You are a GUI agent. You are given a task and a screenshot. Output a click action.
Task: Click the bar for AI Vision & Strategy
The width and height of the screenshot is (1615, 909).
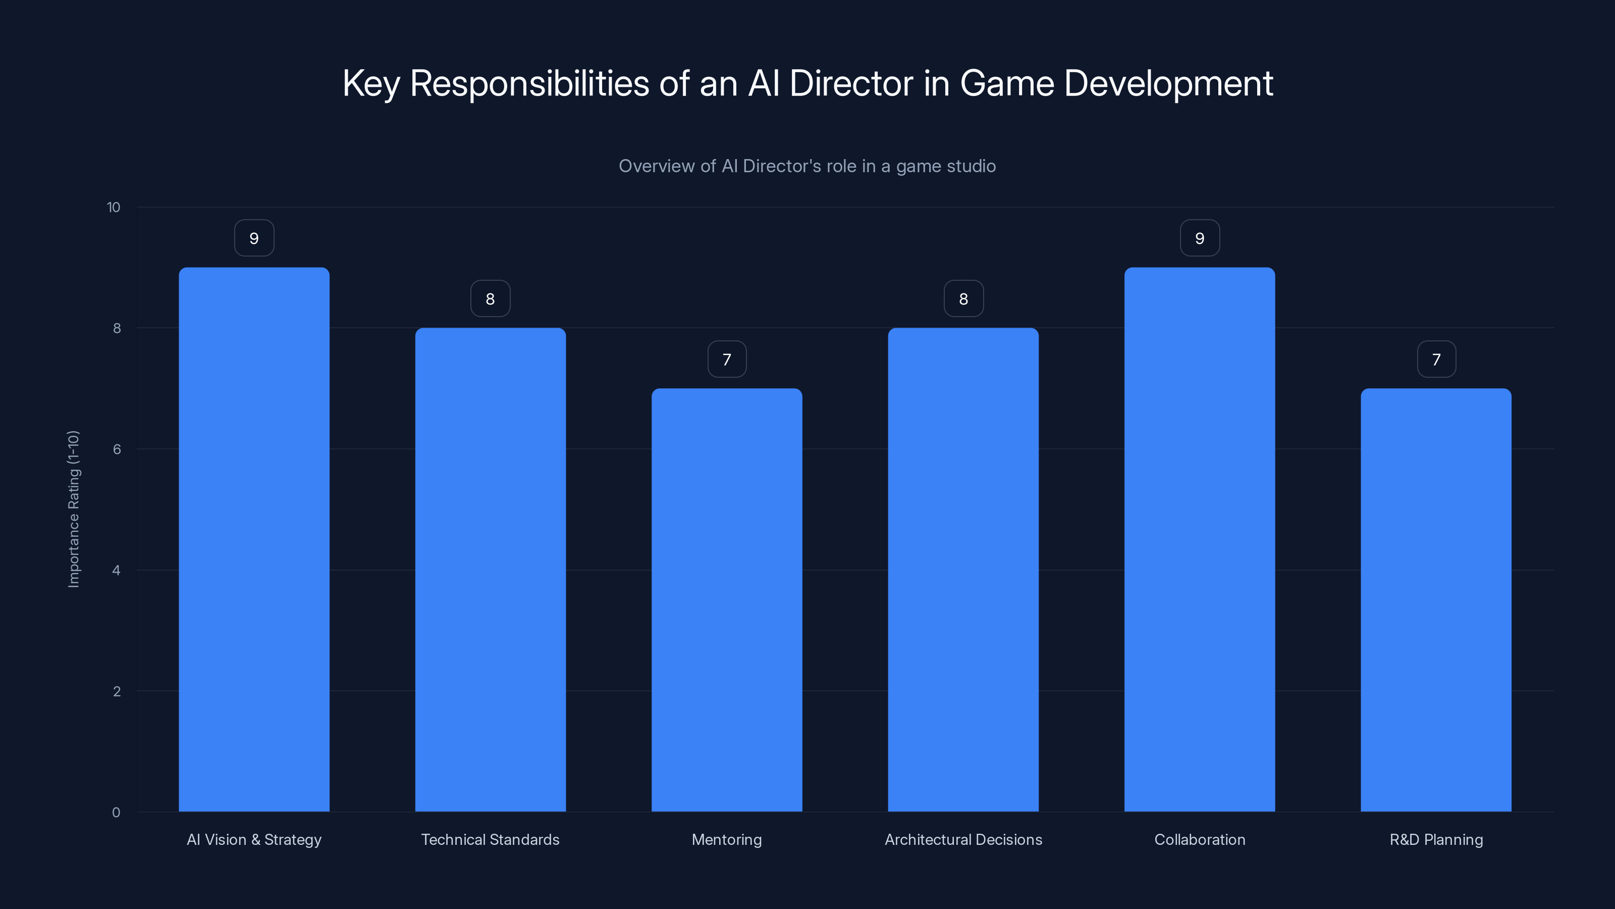tap(254, 539)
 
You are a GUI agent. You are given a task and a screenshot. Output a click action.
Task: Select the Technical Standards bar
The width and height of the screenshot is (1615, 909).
tap(490, 570)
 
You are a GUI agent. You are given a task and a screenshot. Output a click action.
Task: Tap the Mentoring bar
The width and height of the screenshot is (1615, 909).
tap(727, 600)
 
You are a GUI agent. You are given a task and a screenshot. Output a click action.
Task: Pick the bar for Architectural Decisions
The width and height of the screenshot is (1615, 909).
tap(963, 570)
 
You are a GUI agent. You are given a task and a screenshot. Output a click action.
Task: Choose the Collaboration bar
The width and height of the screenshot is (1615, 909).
tap(1199, 539)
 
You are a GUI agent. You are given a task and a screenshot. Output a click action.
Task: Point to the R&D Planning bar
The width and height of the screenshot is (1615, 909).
tap(1436, 600)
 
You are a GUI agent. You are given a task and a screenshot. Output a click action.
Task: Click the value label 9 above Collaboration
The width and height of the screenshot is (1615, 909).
tap(1199, 238)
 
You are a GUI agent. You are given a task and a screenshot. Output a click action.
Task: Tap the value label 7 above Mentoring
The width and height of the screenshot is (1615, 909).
tap(727, 360)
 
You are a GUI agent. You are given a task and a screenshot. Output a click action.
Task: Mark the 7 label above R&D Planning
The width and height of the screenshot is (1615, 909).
tap(1436, 360)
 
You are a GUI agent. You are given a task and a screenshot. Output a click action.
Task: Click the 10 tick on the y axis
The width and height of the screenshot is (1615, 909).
tap(114, 208)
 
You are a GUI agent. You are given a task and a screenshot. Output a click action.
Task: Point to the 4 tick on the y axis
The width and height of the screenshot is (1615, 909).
tap(116, 570)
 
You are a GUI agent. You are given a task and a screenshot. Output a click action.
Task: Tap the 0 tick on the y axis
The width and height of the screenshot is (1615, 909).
tap(116, 813)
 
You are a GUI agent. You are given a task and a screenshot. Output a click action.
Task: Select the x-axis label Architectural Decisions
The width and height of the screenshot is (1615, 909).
tap(963, 839)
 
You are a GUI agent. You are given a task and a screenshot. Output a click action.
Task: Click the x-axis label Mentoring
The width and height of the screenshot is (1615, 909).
tap(727, 839)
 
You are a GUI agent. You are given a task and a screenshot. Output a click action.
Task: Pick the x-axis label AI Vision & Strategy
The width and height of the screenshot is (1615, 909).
tap(254, 839)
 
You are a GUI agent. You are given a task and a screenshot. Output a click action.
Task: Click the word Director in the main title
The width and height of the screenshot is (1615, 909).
tap(851, 83)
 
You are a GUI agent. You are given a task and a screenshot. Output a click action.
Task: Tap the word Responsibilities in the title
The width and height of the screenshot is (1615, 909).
tap(529, 84)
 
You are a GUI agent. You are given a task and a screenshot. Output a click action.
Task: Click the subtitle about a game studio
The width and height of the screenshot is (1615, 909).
tap(807, 166)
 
